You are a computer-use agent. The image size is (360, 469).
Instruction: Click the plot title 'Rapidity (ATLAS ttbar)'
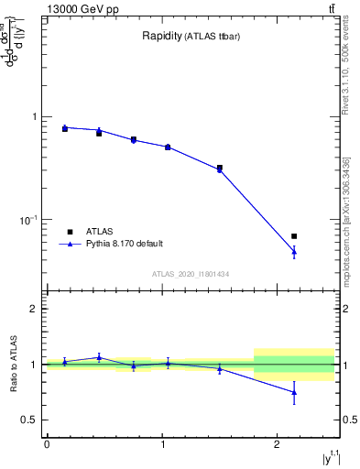190,37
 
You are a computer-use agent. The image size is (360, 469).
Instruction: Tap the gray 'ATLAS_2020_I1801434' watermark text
190,274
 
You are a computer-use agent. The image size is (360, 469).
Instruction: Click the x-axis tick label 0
47,444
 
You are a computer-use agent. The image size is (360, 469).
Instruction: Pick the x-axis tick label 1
162,444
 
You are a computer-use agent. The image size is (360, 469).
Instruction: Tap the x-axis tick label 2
278,444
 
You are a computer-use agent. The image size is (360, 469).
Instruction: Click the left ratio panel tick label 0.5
28,420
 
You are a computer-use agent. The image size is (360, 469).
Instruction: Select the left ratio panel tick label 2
34,309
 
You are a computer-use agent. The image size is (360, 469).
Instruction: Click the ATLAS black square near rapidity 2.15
294,236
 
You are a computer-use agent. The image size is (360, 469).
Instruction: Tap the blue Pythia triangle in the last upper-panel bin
294,251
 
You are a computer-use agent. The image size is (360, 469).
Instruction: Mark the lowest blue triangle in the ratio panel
294,392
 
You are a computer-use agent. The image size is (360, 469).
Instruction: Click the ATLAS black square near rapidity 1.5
220,168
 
